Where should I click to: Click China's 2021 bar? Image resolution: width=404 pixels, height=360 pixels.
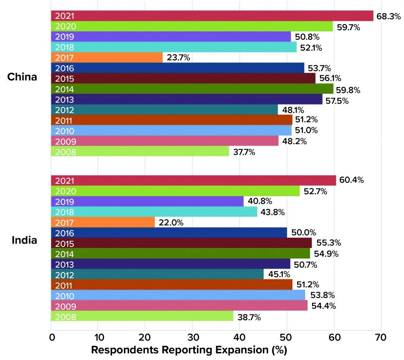click(212, 16)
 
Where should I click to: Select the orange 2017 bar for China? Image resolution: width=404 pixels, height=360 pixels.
click(107, 58)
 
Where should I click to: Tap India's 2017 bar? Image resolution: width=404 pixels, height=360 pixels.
click(103, 222)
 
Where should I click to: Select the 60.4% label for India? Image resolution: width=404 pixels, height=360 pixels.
click(351, 180)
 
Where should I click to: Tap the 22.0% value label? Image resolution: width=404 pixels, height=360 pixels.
click(170, 222)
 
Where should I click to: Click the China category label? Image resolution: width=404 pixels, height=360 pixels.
click(22, 76)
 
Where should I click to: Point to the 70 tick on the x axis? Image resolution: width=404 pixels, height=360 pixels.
click(381, 338)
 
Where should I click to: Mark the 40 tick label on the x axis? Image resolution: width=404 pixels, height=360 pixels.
click(239, 338)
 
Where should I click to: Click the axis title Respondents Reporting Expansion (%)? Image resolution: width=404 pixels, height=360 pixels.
click(189, 350)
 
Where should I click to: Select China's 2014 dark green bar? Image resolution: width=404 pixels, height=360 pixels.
click(192, 89)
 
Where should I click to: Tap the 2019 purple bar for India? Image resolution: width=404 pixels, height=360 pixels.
click(148, 201)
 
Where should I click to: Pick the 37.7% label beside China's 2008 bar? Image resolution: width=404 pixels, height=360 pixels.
click(244, 151)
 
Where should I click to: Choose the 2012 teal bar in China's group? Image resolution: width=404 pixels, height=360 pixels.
click(165, 110)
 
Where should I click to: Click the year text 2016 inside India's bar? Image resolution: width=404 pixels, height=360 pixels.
click(63, 233)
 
